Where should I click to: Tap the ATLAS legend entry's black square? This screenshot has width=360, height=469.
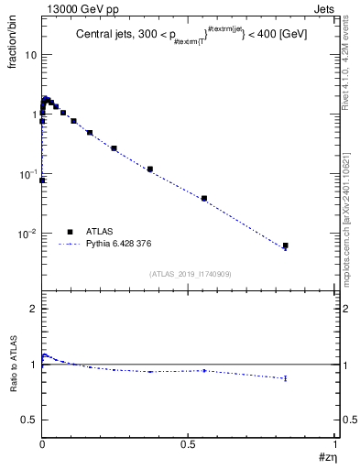coord(70,232)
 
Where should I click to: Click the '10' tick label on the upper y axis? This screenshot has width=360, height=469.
coord(30,55)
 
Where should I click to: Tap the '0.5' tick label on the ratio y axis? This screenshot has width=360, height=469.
coord(30,420)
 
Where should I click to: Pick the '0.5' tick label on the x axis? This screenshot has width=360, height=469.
coord(189,443)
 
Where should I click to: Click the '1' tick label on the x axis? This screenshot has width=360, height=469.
coord(335,443)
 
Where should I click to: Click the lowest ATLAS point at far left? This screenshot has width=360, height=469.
coord(42,180)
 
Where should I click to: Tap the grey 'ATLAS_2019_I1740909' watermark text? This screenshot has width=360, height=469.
coord(191,274)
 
